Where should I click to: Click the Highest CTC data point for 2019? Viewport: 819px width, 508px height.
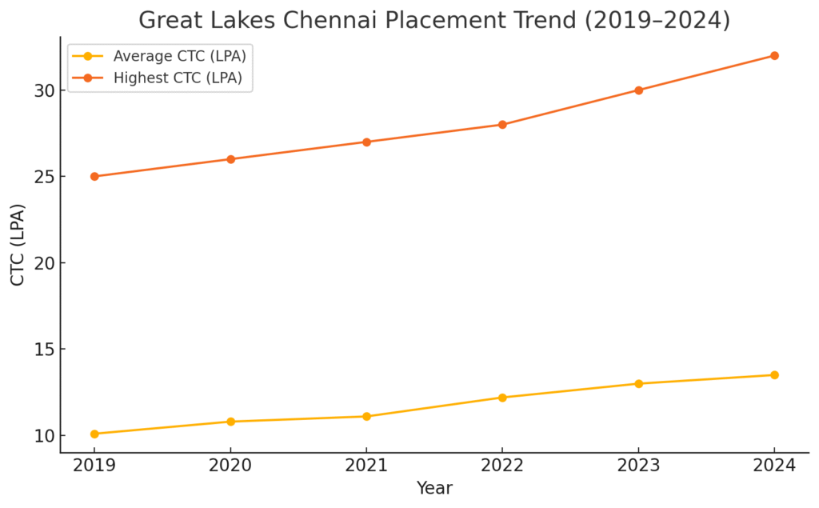click(x=94, y=176)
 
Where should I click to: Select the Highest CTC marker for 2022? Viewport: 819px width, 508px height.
click(x=502, y=125)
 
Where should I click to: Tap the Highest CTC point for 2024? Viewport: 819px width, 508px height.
click(x=774, y=55)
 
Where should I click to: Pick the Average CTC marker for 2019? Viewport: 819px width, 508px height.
click(x=94, y=434)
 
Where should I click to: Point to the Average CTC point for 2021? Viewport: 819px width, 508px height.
click(x=366, y=416)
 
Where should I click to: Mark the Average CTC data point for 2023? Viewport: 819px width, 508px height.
click(x=638, y=383)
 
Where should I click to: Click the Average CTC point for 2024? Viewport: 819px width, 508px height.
click(x=774, y=374)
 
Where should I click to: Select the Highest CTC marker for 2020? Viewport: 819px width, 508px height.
click(x=230, y=159)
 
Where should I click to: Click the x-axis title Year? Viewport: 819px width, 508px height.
click(x=434, y=488)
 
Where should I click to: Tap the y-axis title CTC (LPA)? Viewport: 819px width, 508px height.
click(x=18, y=244)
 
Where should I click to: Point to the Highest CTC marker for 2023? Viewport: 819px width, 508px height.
click(x=638, y=90)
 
